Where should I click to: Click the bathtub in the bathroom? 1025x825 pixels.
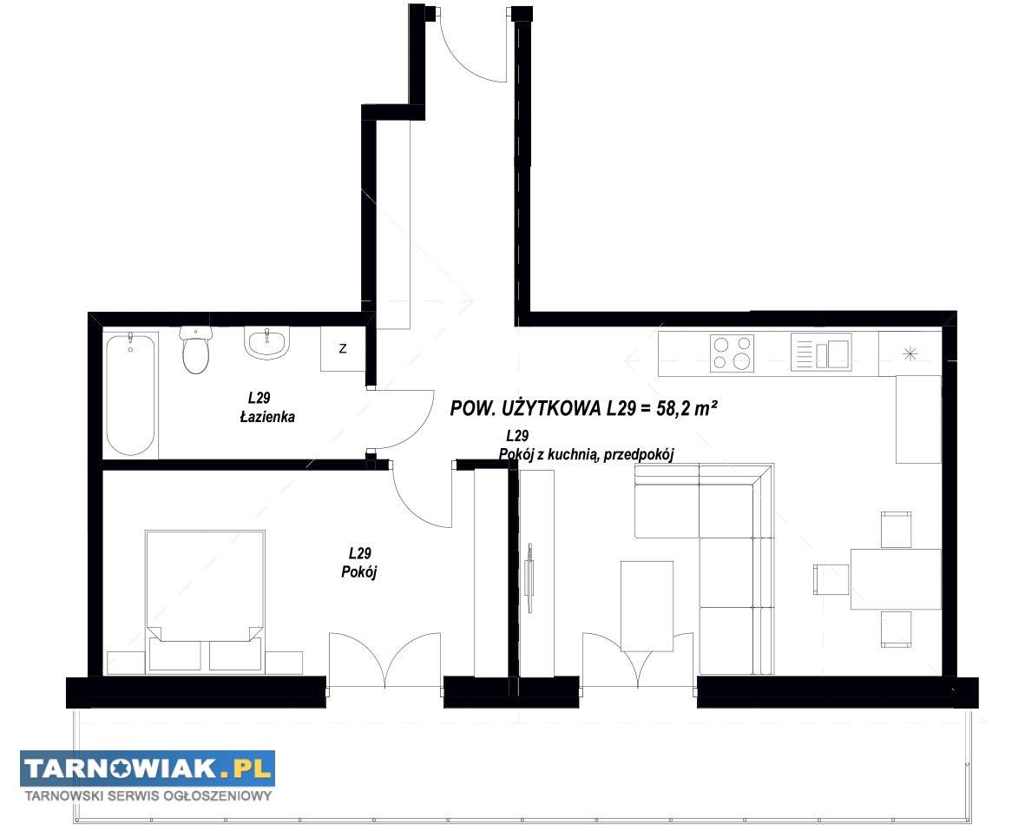coord(131,395)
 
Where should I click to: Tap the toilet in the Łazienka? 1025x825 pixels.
coord(195,351)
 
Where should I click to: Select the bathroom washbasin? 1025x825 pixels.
coord(266,344)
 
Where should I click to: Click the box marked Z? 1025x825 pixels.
coord(343,349)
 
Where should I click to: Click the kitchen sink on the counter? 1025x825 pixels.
coord(821,352)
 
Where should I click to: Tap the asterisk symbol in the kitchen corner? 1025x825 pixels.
coord(910,354)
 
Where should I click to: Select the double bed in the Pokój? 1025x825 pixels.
coord(206,599)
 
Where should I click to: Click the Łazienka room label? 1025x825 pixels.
coord(267,417)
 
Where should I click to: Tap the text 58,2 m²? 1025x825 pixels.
coord(687,409)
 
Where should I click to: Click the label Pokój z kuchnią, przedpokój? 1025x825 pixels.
coord(586,454)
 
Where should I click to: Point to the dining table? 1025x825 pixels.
coord(896,579)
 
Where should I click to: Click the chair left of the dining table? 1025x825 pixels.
coord(831,579)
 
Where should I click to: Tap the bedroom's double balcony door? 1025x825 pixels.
coord(384,659)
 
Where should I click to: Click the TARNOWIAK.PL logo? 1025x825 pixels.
coord(147,769)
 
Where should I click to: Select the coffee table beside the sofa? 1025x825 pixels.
coord(647,605)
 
